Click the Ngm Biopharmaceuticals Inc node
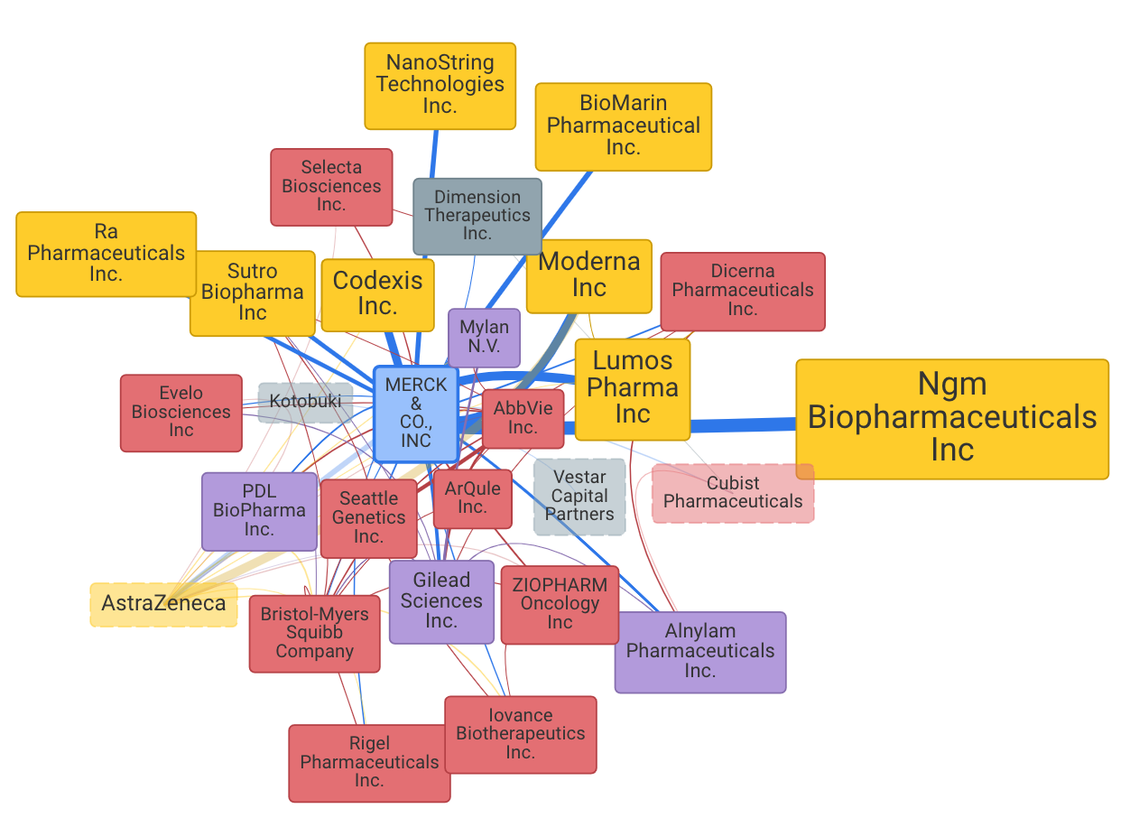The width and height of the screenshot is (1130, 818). (x=951, y=418)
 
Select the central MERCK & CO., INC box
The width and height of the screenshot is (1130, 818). (x=415, y=414)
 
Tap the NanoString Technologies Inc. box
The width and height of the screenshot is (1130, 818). (x=440, y=85)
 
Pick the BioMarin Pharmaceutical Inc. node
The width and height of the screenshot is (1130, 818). (x=623, y=126)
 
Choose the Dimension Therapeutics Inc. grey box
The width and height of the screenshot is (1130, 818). (x=477, y=216)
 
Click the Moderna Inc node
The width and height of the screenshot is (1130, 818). (x=588, y=275)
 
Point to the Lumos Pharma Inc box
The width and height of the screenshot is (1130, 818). (x=632, y=388)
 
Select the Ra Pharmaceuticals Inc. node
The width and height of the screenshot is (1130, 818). (x=106, y=254)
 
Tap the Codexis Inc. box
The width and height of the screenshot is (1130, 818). (x=377, y=294)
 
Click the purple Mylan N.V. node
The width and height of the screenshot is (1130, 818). (x=484, y=338)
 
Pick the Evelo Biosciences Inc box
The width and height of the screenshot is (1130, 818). (x=181, y=413)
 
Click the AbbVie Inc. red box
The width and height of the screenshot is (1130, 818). (x=523, y=418)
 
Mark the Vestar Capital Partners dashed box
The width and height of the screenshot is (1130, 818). (x=579, y=497)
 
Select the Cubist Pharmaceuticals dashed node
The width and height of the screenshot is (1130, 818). (x=733, y=493)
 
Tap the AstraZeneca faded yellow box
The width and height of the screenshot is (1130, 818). (x=163, y=604)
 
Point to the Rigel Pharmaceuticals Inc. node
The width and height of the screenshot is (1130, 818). (x=369, y=763)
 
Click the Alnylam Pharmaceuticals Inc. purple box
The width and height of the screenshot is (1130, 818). (x=699, y=652)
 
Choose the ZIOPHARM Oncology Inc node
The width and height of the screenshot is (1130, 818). (x=560, y=604)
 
